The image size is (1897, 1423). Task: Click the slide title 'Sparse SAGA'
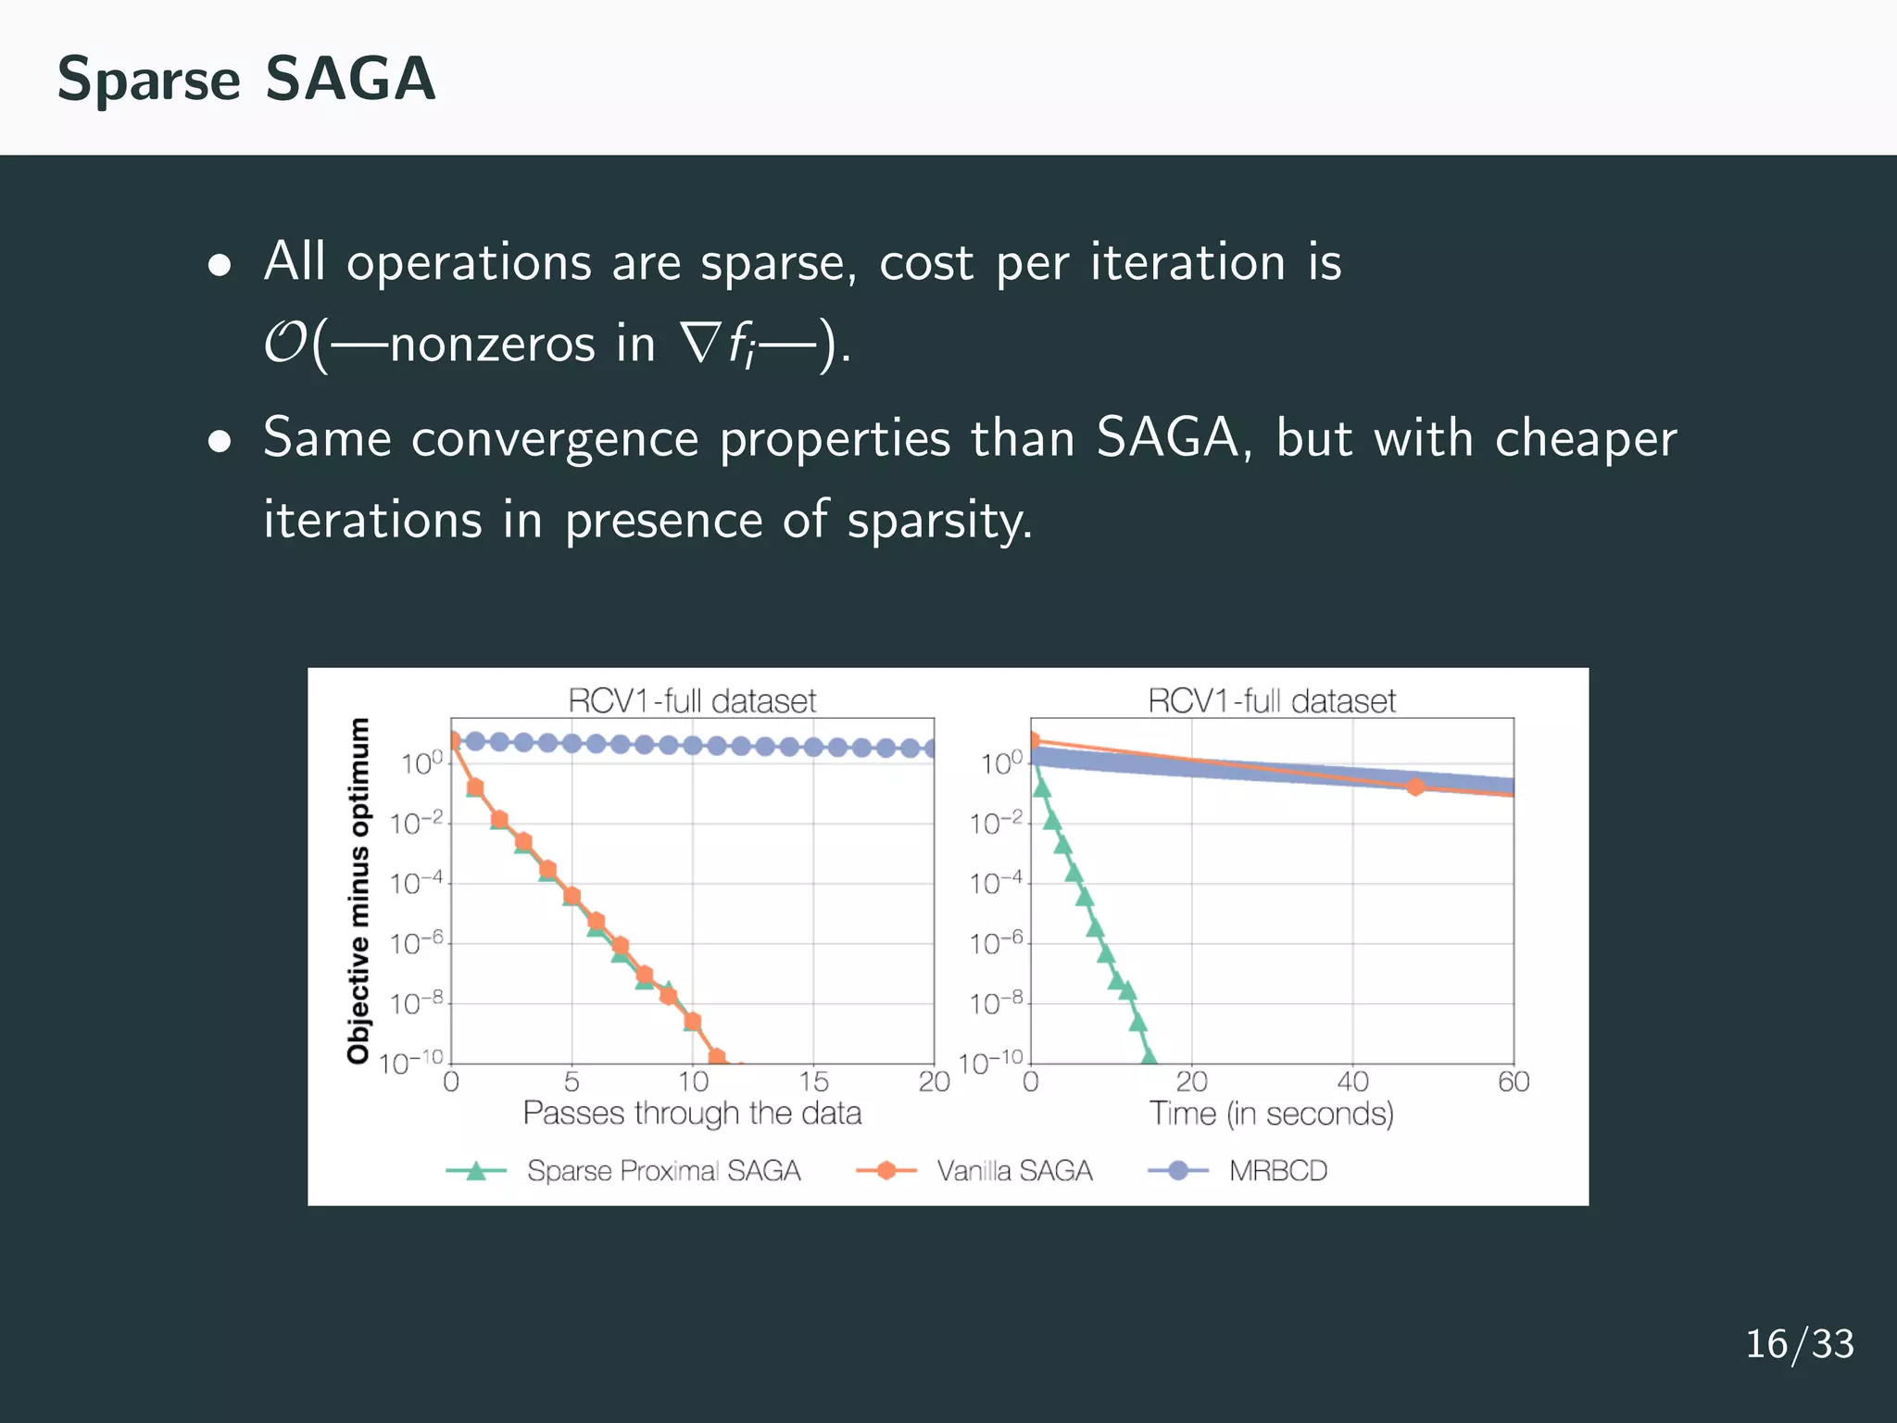click(x=245, y=79)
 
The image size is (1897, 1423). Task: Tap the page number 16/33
click(x=1799, y=1344)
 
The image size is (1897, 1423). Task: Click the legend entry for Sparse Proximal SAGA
click(x=663, y=1171)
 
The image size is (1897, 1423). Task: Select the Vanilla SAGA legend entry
click(x=1013, y=1171)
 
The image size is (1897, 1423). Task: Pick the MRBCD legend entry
click(x=1277, y=1171)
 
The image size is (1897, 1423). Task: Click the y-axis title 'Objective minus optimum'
click(x=358, y=890)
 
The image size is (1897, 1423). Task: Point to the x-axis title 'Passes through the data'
click(x=692, y=1113)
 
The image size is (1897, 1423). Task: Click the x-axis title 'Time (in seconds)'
click(x=1271, y=1113)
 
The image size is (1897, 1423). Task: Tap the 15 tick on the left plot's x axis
click(x=813, y=1082)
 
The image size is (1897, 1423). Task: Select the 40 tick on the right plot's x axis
click(x=1352, y=1082)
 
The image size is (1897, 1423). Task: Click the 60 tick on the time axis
click(x=1514, y=1082)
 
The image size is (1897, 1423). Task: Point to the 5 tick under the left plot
click(x=572, y=1082)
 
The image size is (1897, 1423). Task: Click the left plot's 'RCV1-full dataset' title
click(x=692, y=701)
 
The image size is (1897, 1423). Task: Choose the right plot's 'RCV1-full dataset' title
click(x=1271, y=701)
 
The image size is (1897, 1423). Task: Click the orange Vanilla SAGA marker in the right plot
click(x=1414, y=787)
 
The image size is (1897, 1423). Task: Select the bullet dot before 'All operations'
click(x=220, y=267)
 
